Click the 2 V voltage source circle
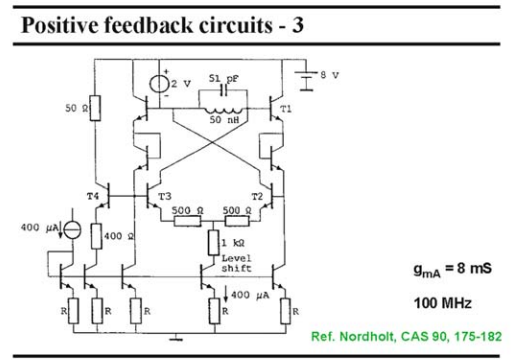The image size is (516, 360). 159,84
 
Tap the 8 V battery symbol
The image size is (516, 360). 306,81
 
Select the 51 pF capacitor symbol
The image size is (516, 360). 223,89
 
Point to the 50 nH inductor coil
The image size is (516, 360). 223,111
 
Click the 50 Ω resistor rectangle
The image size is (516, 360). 95,108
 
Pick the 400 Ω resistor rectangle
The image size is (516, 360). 96,236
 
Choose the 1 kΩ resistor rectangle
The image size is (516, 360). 214,243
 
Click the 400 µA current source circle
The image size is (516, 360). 72,229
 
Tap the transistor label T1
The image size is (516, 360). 286,109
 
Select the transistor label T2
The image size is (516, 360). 257,197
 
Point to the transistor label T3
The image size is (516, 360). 165,196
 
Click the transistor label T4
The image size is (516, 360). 93,196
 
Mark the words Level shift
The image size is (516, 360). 236,263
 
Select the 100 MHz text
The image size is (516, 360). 443,303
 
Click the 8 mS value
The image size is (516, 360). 474,268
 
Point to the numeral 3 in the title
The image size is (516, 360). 298,25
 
